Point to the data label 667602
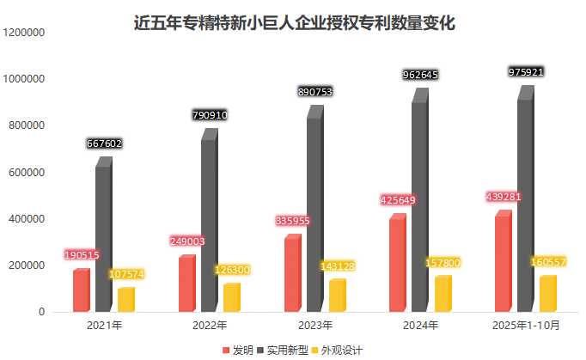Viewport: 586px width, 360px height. (104, 144)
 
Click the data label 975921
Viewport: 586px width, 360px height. (526, 72)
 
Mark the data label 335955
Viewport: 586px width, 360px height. (292, 221)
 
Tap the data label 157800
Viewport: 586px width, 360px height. (443, 262)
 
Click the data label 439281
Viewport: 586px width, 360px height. (504, 197)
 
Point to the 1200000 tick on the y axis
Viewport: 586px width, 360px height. (24, 33)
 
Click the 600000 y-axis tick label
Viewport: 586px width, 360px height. (27, 173)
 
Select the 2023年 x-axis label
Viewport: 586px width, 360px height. (314, 326)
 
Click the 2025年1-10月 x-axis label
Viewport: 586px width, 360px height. (526, 326)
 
